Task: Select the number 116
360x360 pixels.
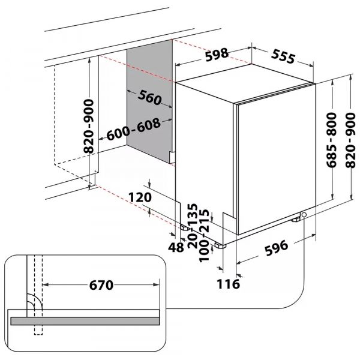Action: pyautogui.click(x=229, y=283)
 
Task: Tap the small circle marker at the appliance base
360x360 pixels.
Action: pyautogui.click(x=304, y=215)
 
